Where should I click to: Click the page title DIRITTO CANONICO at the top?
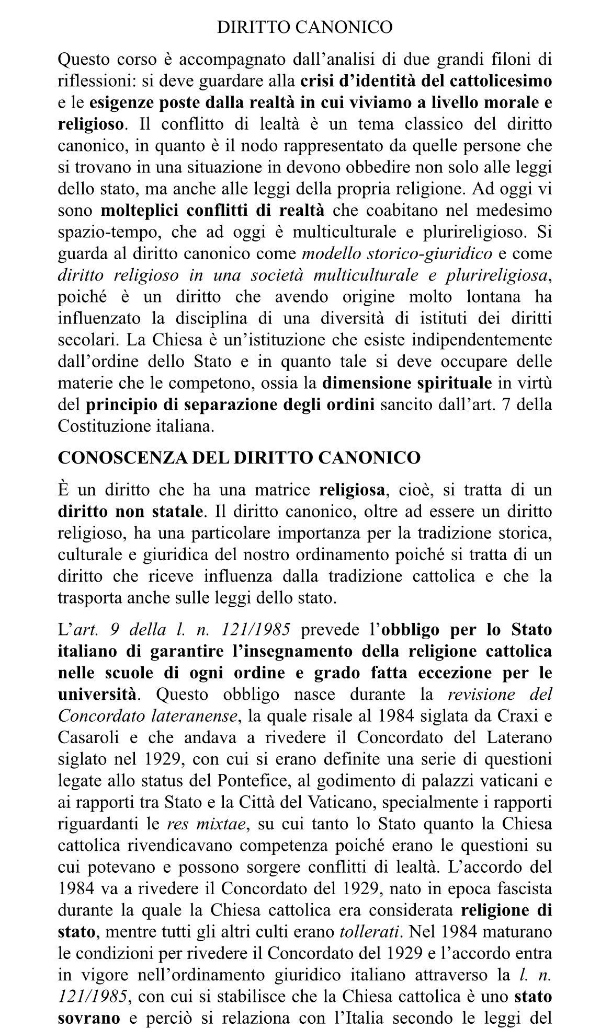click(304, 27)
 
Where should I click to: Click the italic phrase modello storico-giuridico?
click(398, 254)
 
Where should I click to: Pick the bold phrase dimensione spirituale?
click(407, 384)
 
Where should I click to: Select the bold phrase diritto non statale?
click(130, 512)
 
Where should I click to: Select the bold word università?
click(97, 695)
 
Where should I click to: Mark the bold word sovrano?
click(89, 1018)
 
